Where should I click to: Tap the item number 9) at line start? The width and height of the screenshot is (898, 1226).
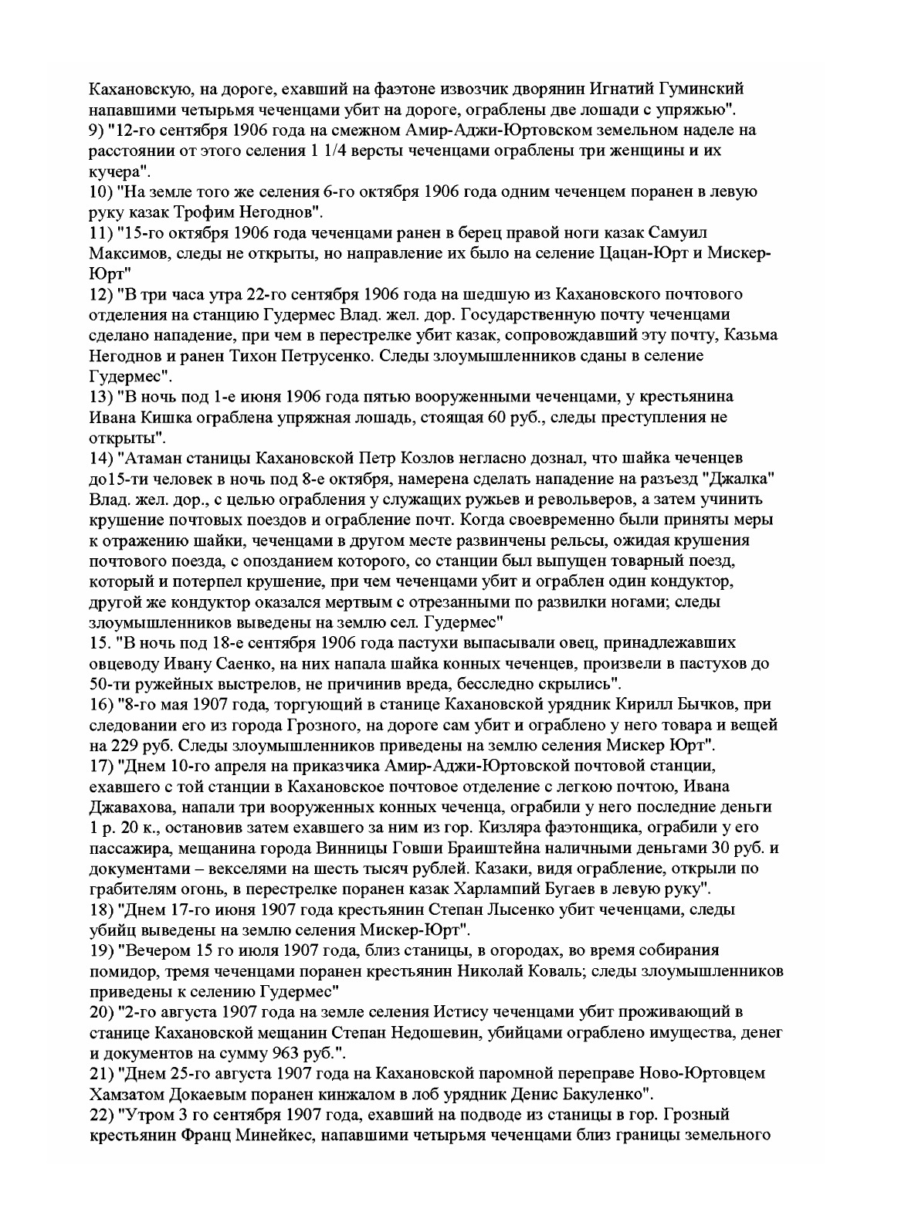click(x=92, y=130)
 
